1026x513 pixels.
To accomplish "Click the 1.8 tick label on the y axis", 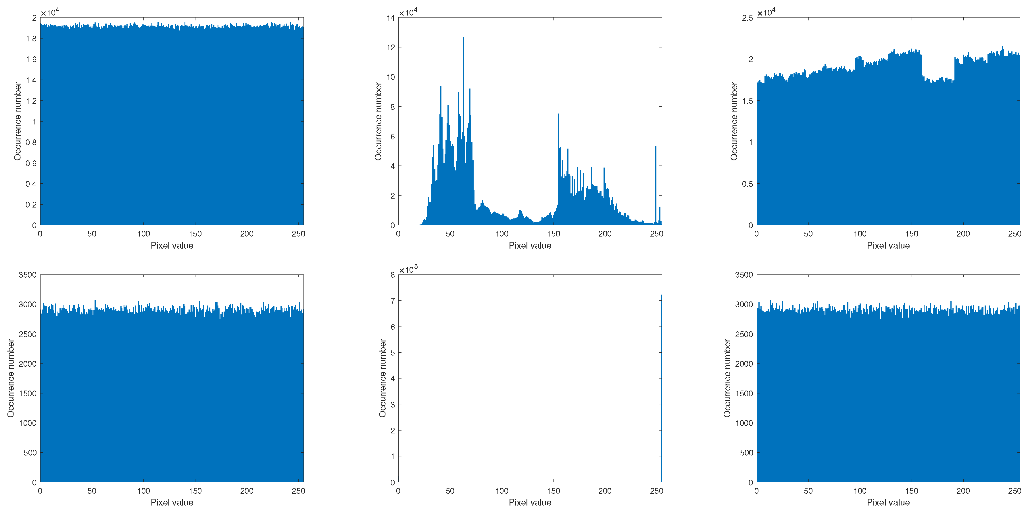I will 31,39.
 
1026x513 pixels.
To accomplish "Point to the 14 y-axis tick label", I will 390,18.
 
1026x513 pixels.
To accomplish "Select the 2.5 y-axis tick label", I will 747,18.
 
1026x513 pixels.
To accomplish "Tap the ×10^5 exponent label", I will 408,270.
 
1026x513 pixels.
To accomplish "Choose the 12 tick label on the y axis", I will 390,47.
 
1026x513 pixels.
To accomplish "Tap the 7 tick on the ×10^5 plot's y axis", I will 393,301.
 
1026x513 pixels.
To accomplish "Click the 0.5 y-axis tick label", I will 747,184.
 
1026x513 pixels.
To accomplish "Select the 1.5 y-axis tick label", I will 747,101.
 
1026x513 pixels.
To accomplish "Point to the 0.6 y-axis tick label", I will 31,163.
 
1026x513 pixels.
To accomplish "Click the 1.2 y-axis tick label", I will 31,101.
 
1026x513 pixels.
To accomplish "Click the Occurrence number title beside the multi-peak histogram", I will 378,122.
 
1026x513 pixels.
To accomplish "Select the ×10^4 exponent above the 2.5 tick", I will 766,13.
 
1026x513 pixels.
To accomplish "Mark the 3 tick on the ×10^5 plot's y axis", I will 393,404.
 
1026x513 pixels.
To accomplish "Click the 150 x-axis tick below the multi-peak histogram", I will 553,234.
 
